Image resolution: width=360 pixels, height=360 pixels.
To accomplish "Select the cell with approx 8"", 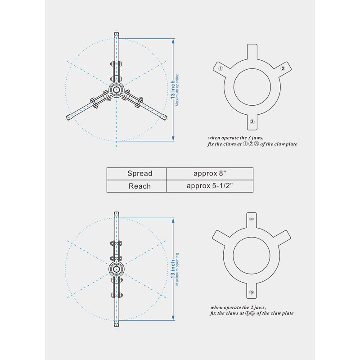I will pos(209,173).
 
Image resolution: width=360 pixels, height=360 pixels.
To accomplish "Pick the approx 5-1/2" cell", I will pos(209,185).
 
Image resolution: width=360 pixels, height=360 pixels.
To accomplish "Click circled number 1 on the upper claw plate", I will pos(220,68).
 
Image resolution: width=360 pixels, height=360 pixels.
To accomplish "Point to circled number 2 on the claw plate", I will pos(283,68).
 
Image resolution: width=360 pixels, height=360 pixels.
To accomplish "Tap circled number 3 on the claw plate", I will pos(252,122).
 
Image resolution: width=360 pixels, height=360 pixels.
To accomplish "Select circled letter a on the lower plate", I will pos(252,219).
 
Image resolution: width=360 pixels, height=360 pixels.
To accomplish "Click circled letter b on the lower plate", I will pos(252,292).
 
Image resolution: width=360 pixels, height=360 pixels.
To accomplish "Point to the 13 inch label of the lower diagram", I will pos(173,269).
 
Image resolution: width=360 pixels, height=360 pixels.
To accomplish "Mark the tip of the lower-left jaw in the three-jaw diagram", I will pos(69,118).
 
